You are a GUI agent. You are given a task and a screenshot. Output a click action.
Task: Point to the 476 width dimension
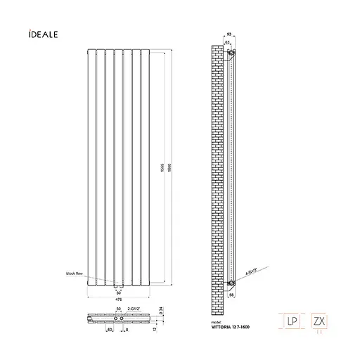[x=118, y=297]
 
